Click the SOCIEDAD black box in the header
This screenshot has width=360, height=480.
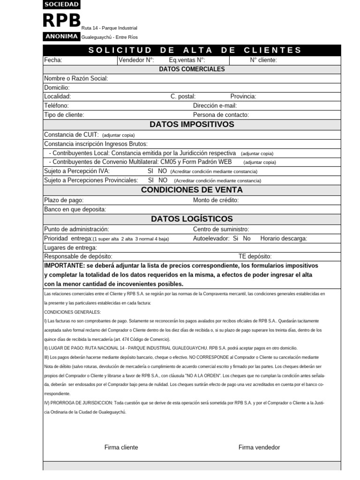tap(61, 5)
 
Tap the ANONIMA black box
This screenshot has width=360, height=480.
tap(61, 37)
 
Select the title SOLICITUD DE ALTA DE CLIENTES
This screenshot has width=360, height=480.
tap(195, 50)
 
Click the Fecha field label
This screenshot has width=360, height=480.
tap(53, 60)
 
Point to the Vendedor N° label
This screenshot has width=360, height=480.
tap(136, 60)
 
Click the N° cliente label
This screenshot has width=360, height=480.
tap(263, 60)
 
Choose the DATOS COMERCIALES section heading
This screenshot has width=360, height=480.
tap(192, 69)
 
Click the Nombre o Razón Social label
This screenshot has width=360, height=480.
tap(76, 78)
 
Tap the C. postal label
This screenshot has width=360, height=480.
tap(183, 97)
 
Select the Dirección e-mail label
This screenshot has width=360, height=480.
tap(215, 106)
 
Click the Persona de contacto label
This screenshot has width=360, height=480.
tap(221, 115)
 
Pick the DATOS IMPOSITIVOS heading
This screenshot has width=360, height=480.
tap(192, 124)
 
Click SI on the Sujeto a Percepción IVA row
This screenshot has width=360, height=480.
tap(150, 171)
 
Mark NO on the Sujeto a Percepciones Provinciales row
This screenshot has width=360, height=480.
tap(163, 180)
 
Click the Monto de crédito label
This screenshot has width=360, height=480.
tap(216, 200)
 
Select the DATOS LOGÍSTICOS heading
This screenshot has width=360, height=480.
tap(192, 219)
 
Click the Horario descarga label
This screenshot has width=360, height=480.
tap(284, 239)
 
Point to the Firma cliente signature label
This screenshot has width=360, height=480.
tap(121, 447)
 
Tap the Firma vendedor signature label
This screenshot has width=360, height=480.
tap(259, 447)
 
